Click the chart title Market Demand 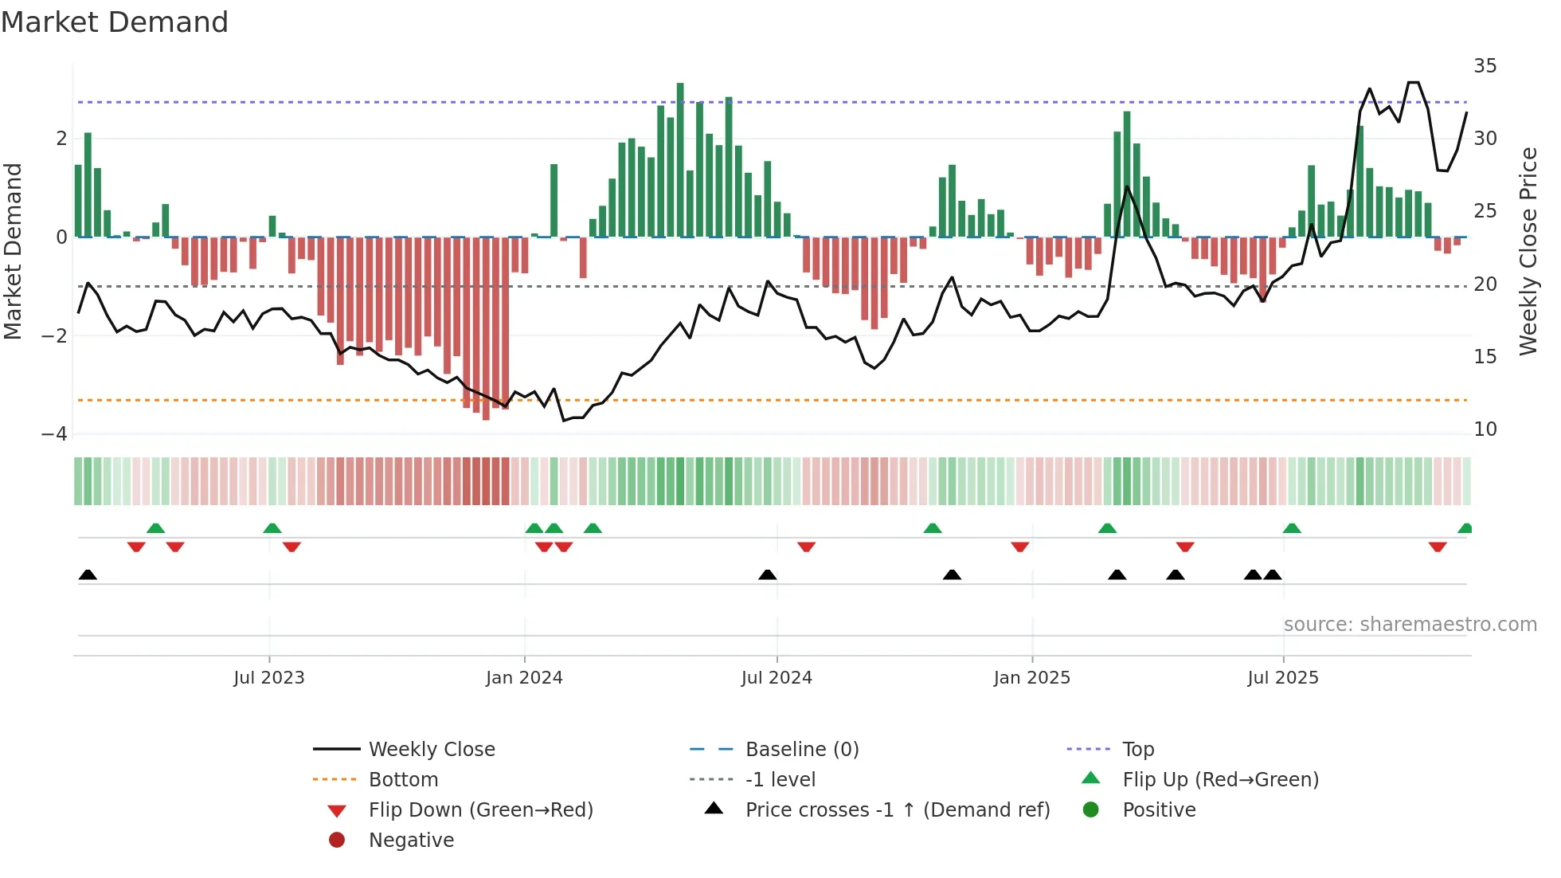click(x=115, y=22)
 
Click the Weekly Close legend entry click(x=431, y=750)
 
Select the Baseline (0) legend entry click(x=801, y=750)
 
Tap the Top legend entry click(x=1137, y=750)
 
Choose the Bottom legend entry click(x=403, y=780)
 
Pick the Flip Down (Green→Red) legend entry click(x=480, y=810)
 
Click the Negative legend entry click(x=411, y=841)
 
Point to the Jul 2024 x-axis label click(x=777, y=678)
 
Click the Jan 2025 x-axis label click(x=1031, y=678)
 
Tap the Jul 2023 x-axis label click(x=269, y=678)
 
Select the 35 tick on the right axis click(x=1485, y=66)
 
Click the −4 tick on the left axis click(x=55, y=434)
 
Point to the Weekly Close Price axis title click(x=1528, y=251)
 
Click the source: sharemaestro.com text click(x=1410, y=625)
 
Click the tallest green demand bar click(x=680, y=159)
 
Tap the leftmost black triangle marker click(x=88, y=575)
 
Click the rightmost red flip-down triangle click(x=1438, y=547)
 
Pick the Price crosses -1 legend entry click(x=897, y=810)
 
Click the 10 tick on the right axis click(x=1485, y=429)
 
